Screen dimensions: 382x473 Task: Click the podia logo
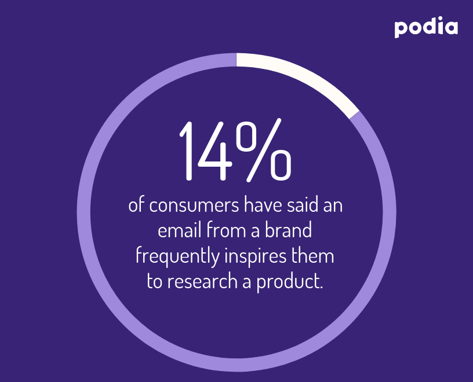pos(426,27)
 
